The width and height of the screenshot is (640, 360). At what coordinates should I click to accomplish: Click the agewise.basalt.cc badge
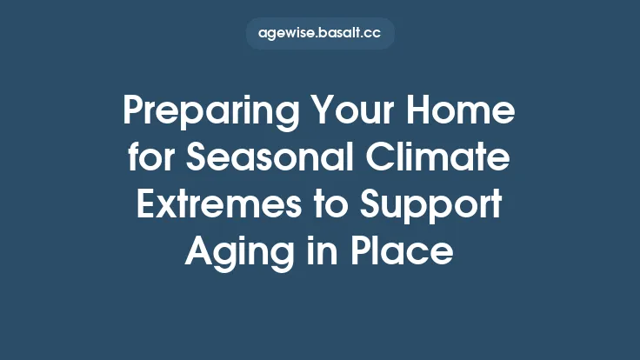pos(320,34)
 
